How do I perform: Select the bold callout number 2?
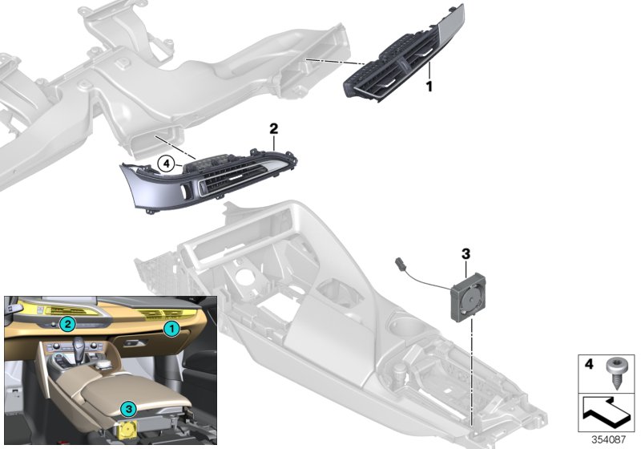pos(273,128)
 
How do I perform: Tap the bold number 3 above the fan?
pos(465,254)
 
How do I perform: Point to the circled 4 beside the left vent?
pos(166,164)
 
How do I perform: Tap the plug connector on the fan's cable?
pos(401,261)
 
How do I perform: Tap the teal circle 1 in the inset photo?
pos(170,328)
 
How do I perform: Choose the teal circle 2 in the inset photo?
pos(69,324)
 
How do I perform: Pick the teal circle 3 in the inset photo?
pos(126,409)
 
